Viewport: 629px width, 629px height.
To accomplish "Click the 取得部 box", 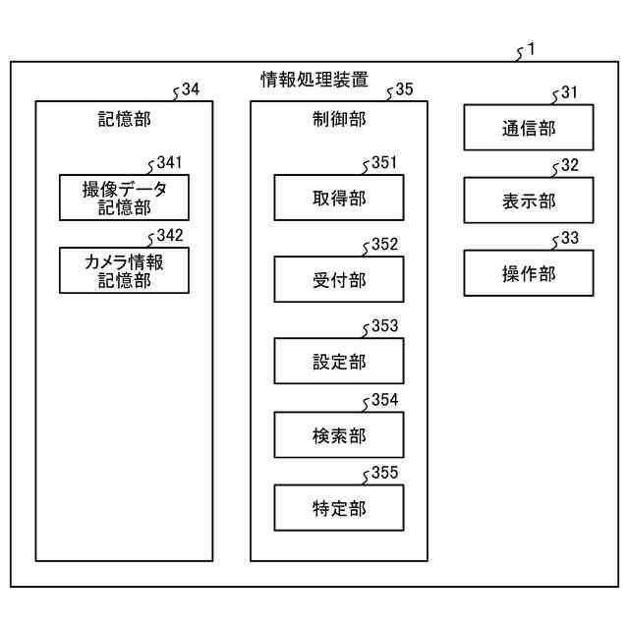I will point(338,199).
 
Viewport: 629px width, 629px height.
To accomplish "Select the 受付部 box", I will point(338,280).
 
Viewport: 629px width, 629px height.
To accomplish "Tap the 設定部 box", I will point(338,362).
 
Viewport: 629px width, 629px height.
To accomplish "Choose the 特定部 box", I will point(338,509).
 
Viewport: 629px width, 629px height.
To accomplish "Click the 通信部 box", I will point(529,128).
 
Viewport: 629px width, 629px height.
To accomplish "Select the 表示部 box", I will point(529,200).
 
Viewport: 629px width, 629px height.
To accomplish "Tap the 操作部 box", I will point(529,273).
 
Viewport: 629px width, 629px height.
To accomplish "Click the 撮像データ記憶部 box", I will point(124,197).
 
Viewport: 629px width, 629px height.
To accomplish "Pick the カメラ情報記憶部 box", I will point(124,270).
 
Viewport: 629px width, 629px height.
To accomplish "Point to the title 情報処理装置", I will point(314,79).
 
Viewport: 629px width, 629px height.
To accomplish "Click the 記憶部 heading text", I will point(124,120).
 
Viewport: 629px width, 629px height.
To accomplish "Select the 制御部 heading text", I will point(338,120).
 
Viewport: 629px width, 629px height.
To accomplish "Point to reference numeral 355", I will point(384,474).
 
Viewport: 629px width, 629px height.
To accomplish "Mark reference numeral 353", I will point(384,326).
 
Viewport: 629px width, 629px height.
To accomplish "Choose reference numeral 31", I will point(570,92).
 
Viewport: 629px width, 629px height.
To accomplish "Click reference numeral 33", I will point(570,238).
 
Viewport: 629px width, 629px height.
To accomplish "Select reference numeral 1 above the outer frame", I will point(531,48).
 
